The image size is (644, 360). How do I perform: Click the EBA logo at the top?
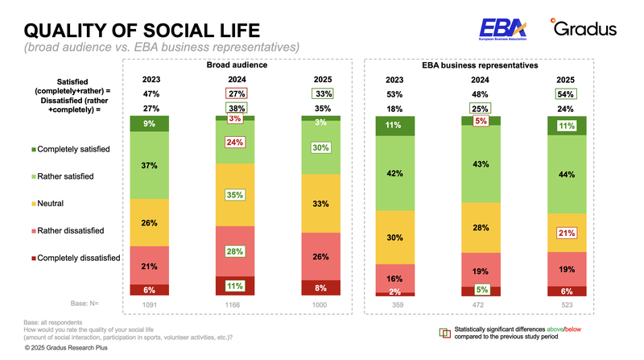click(504, 29)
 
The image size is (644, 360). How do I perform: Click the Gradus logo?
click(584, 29)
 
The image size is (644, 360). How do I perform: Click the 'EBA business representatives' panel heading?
click(480, 65)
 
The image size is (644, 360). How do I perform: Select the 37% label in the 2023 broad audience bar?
click(149, 166)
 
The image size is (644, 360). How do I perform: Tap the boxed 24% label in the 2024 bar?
click(235, 143)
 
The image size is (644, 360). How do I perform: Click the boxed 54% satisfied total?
click(566, 94)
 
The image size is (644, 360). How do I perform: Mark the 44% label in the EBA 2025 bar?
click(566, 175)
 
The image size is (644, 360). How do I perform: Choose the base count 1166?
click(235, 305)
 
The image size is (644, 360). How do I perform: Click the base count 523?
click(566, 305)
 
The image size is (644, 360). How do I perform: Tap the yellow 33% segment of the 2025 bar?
click(320, 204)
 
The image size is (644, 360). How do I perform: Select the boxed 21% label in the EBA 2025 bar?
click(566, 233)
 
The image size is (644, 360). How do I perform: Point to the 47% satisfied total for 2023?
click(150, 94)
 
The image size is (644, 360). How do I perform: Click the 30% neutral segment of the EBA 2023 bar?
click(394, 238)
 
